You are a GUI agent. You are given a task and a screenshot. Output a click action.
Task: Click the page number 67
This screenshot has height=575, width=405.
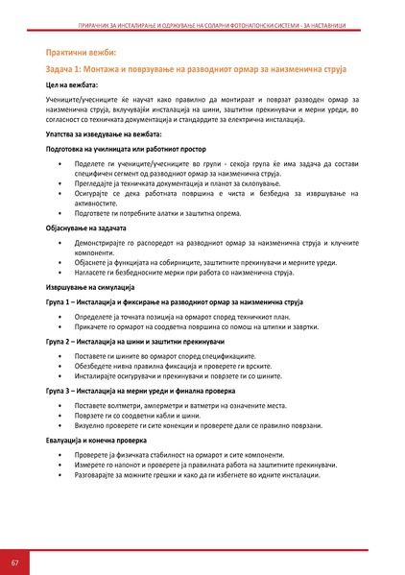click(x=15, y=561)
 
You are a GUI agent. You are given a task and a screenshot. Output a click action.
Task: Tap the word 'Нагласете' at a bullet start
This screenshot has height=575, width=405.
click(x=89, y=274)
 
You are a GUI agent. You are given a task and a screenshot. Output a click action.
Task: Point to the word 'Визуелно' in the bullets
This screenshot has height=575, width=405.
click(x=88, y=427)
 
